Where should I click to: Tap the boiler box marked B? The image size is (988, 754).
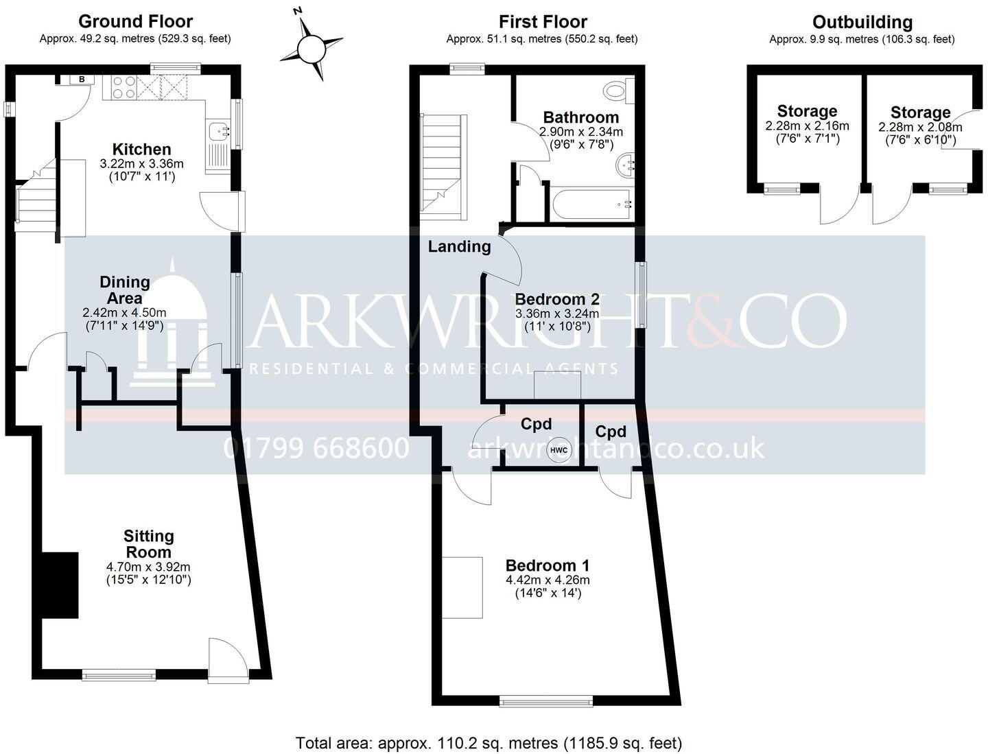[82, 80]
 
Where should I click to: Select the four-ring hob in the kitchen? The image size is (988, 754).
[123, 87]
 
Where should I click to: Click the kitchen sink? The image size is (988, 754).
[217, 128]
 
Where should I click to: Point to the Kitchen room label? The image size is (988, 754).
[141, 149]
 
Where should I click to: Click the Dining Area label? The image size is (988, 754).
[124, 290]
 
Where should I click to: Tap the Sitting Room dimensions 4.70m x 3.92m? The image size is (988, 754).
[148, 567]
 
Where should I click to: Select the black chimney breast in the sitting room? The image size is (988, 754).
[60, 585]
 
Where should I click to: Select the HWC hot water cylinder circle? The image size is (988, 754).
[559, 449]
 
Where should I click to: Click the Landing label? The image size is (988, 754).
[459, 246]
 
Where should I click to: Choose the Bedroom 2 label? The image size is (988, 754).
[557, 299]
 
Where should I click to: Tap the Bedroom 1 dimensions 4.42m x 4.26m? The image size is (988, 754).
[548, 580]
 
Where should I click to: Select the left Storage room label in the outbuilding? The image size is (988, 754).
[807, 111]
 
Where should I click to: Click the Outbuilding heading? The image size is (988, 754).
[862, 22]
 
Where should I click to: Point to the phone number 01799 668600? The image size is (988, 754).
[316, 448]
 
